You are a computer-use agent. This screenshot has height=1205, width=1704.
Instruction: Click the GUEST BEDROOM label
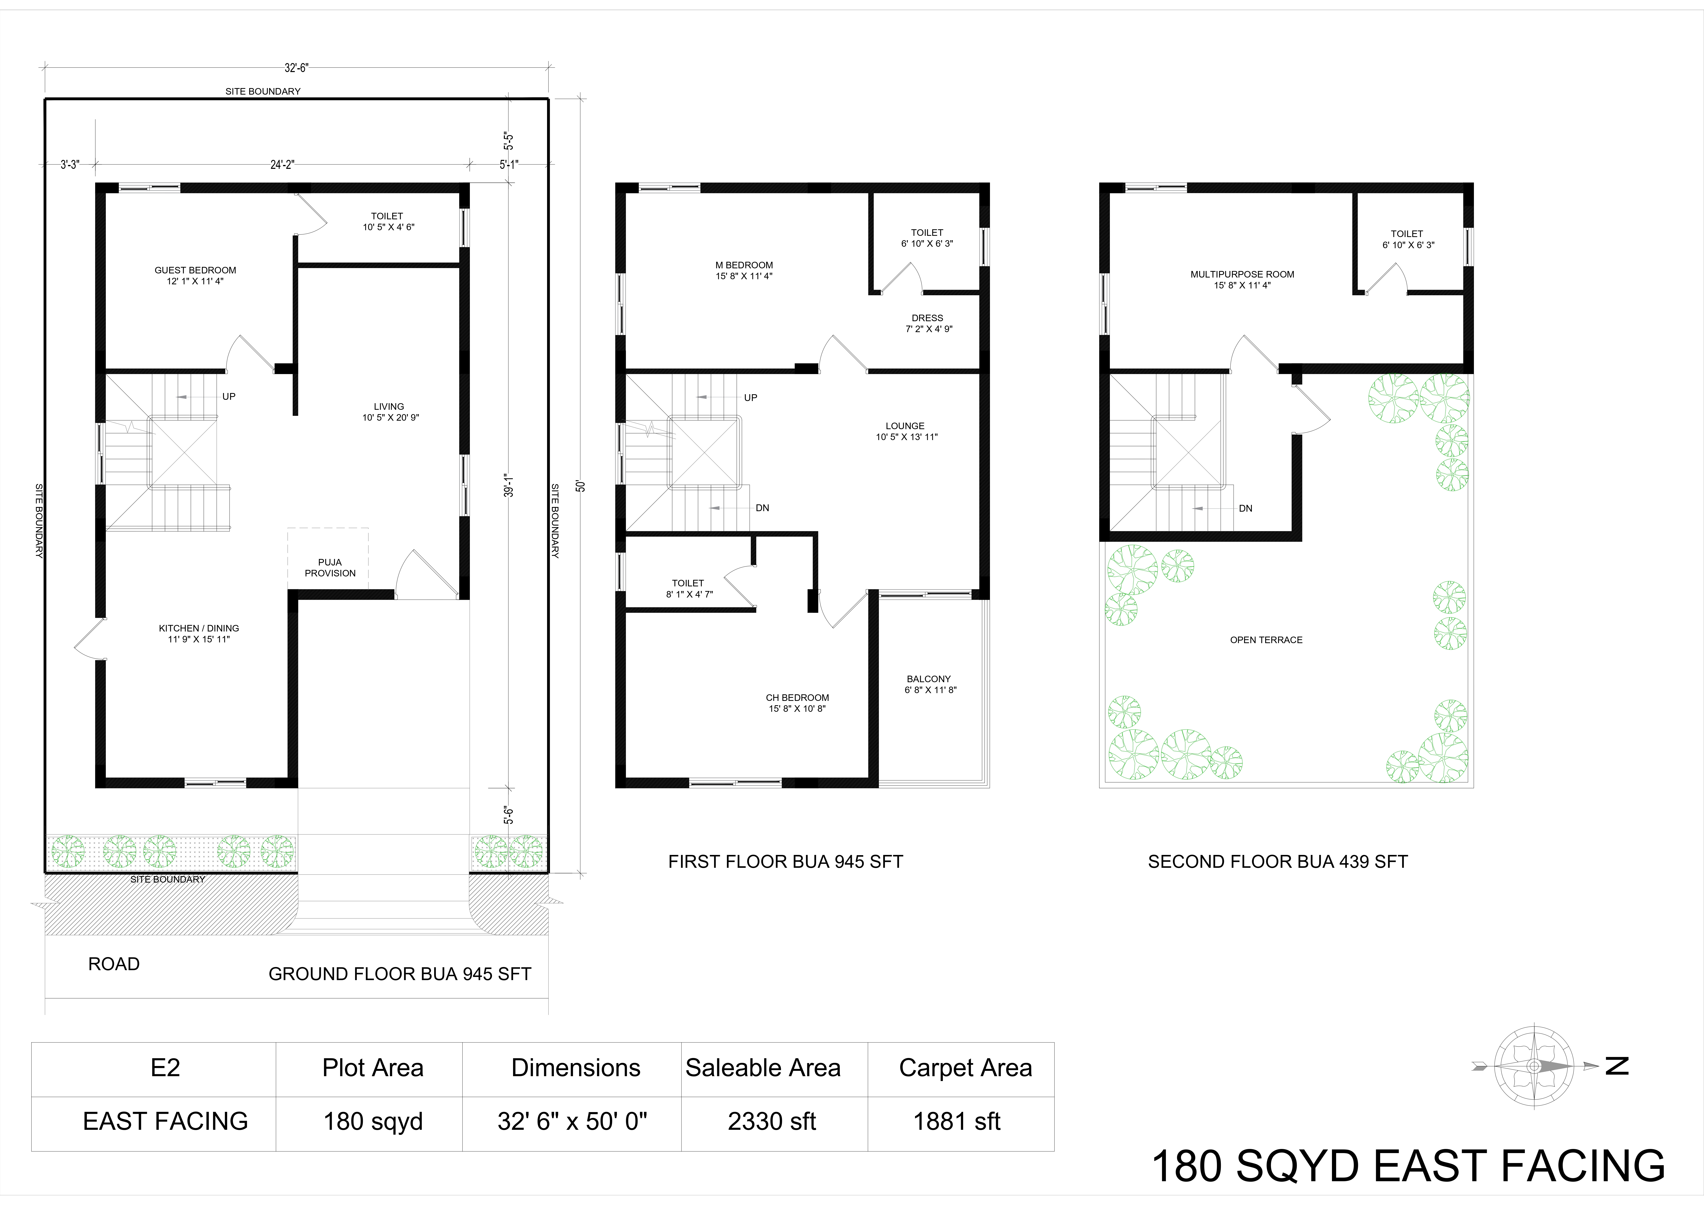point(195,270)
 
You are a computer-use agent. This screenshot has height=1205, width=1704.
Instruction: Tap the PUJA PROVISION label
point(330,568)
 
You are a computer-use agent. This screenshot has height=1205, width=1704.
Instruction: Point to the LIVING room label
point(389,407)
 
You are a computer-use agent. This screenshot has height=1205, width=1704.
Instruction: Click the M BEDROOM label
point(744,265)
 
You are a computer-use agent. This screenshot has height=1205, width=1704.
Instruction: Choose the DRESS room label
point(928,318)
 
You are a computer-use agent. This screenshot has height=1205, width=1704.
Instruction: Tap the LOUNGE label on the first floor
point(906,426)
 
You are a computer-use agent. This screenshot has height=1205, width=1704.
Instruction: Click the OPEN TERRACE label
point(1266,639)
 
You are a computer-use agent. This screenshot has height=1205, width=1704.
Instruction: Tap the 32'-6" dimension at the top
point(296,67)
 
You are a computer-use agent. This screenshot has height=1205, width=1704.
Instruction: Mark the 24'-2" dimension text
point(282,165)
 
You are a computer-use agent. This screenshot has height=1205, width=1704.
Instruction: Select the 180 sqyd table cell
point(373,1121)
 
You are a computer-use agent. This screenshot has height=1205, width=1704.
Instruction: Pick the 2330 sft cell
point(772,1121)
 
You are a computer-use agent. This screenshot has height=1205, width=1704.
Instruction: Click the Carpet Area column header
point(965,1068)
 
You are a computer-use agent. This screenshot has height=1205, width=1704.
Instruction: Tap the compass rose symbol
point(1534,1066)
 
